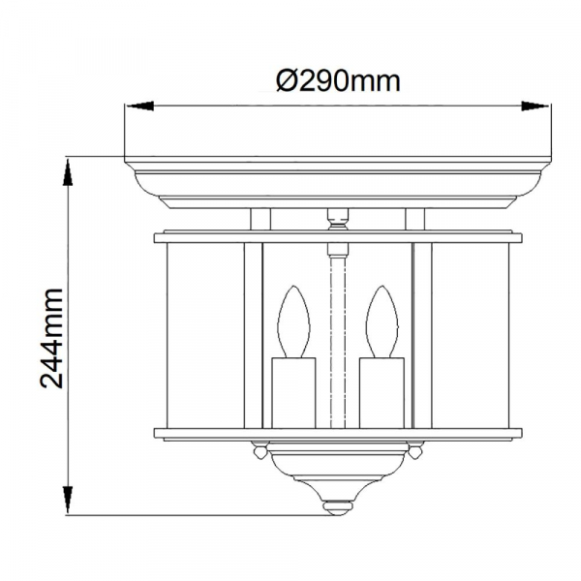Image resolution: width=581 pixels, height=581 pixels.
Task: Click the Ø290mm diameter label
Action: coord(338,81)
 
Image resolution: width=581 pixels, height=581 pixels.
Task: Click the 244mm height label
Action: coord(51,338)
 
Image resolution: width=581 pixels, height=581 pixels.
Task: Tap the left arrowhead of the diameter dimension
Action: coord(140,106)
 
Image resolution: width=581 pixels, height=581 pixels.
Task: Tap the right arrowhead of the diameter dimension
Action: coord(535,106)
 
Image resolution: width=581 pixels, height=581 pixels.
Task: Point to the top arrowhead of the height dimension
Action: coord(68,171)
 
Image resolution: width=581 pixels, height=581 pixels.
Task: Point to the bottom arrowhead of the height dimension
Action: coord(68,499)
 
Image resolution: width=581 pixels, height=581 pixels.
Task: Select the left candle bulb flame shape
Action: coord(293,321)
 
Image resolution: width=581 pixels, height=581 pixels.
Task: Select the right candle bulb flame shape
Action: coord(382,321)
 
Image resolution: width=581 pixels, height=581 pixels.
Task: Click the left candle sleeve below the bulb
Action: coord(293,393)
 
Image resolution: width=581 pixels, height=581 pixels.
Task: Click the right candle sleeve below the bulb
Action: coord(382,393)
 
